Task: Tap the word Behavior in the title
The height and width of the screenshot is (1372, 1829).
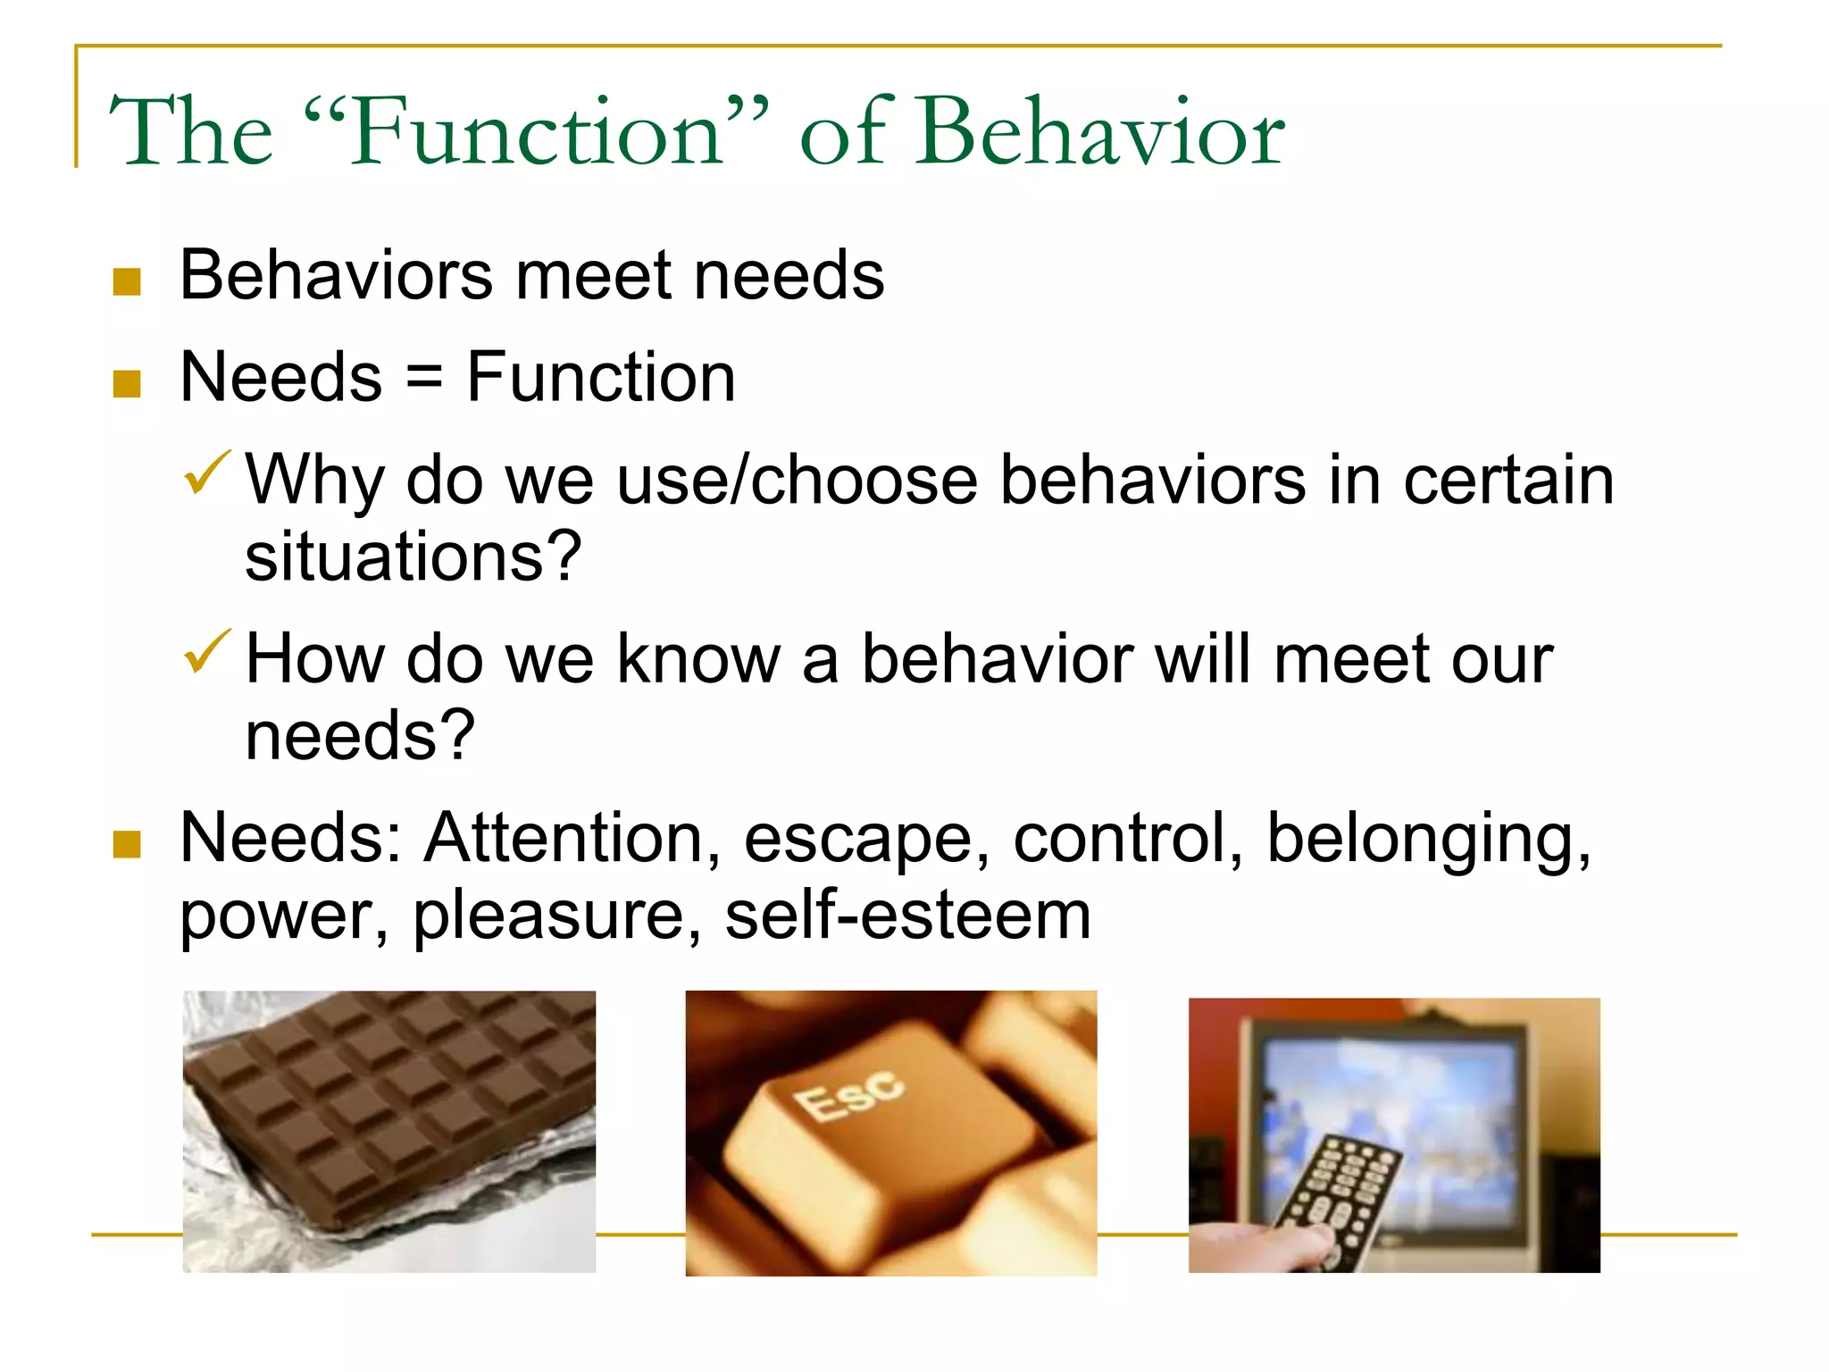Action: pyautogui.click(x=1100, y=134)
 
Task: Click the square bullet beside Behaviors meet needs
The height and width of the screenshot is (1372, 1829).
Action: pyautogui.click(x=127, y=282)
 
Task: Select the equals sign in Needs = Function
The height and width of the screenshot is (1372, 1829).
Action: pyautogui.click(x=424, y=379)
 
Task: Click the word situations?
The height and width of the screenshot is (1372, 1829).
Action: pyautogui.click(x=413, y=557)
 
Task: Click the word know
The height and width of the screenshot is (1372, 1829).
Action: pyautogui.click(x=698, y=659)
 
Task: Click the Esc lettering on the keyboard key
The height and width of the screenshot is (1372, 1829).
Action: pyautogui.click(x=848, y=1095)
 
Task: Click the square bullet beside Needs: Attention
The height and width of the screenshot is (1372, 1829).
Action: pyautogui.click(x=127, y=844)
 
